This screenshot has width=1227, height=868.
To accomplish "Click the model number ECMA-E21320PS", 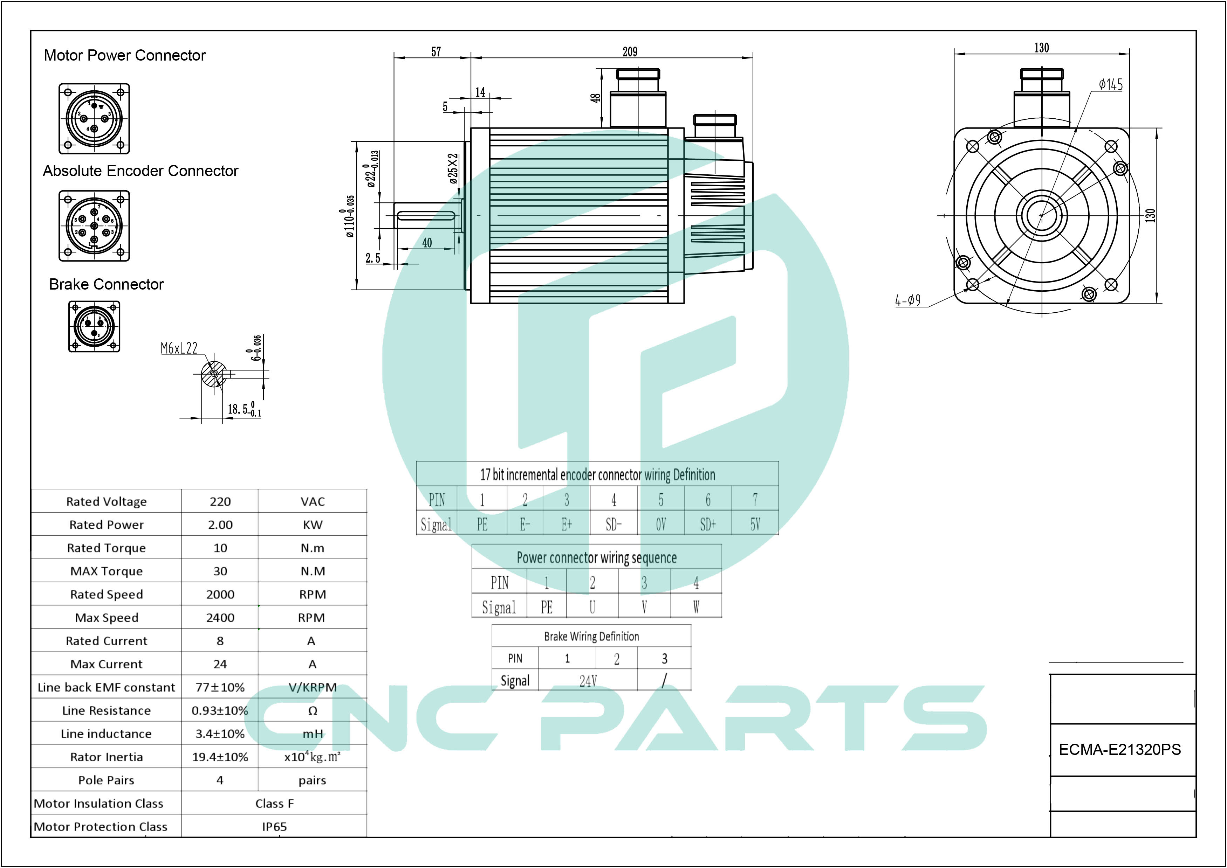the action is [1119, 749].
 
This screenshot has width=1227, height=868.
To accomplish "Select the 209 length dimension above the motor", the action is [630, 52].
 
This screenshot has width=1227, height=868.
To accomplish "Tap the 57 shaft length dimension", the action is [436, 52].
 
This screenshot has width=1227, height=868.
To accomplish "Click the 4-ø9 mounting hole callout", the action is [908, 300].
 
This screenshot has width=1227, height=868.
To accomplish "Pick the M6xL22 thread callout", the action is [179, 348].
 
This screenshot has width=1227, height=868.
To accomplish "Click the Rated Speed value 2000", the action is [220, 594].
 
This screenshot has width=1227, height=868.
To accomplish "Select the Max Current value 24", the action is [220, 664].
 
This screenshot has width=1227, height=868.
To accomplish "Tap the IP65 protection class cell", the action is [274, 827].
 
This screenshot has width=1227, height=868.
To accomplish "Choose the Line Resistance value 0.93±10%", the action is [220, 710].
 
